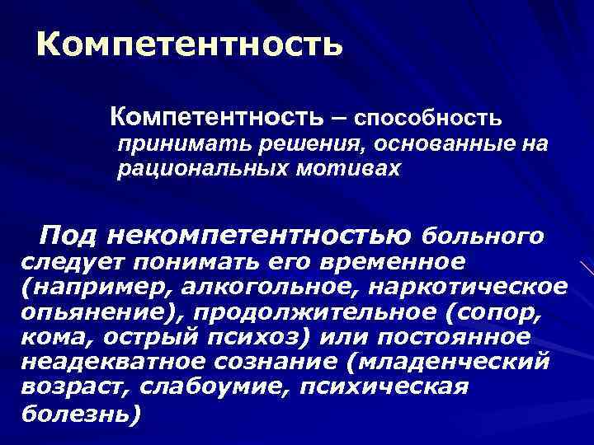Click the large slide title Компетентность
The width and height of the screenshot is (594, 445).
(189, 44)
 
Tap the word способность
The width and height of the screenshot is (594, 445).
(427, 118)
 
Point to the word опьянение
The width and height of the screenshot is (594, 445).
(85, 313)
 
